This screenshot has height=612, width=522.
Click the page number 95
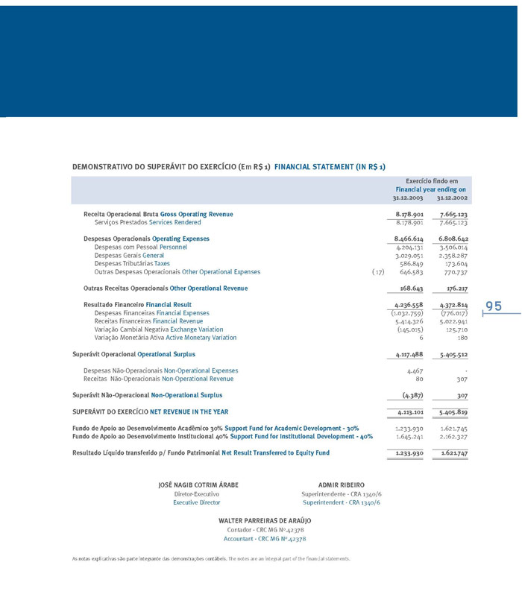[x=494, y=306]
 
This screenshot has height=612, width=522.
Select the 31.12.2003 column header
[x=407, y=198]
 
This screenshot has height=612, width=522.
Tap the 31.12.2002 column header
[x=452, y=198]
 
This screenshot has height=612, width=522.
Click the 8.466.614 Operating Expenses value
[x=409, y=239]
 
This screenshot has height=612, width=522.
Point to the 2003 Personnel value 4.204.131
[x=409, y=247]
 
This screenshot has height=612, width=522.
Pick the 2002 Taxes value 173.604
[x=453, y=263]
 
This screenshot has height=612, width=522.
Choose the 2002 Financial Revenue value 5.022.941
[x=453, y=321]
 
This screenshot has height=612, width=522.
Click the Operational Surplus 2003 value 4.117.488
[x=409, y=355]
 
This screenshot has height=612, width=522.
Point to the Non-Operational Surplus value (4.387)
[x=412, y=395]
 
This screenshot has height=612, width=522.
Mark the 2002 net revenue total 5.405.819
[x=453, y=411]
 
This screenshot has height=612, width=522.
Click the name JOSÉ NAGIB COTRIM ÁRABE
[x=198, y=485]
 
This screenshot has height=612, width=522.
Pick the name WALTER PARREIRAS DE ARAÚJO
[x=265, y=520]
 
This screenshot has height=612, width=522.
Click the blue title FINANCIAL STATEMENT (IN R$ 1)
[x=330, y=167]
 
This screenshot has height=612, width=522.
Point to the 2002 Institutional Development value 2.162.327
[x=453, y=436]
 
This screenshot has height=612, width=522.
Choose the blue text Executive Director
[x=197, y=502]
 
